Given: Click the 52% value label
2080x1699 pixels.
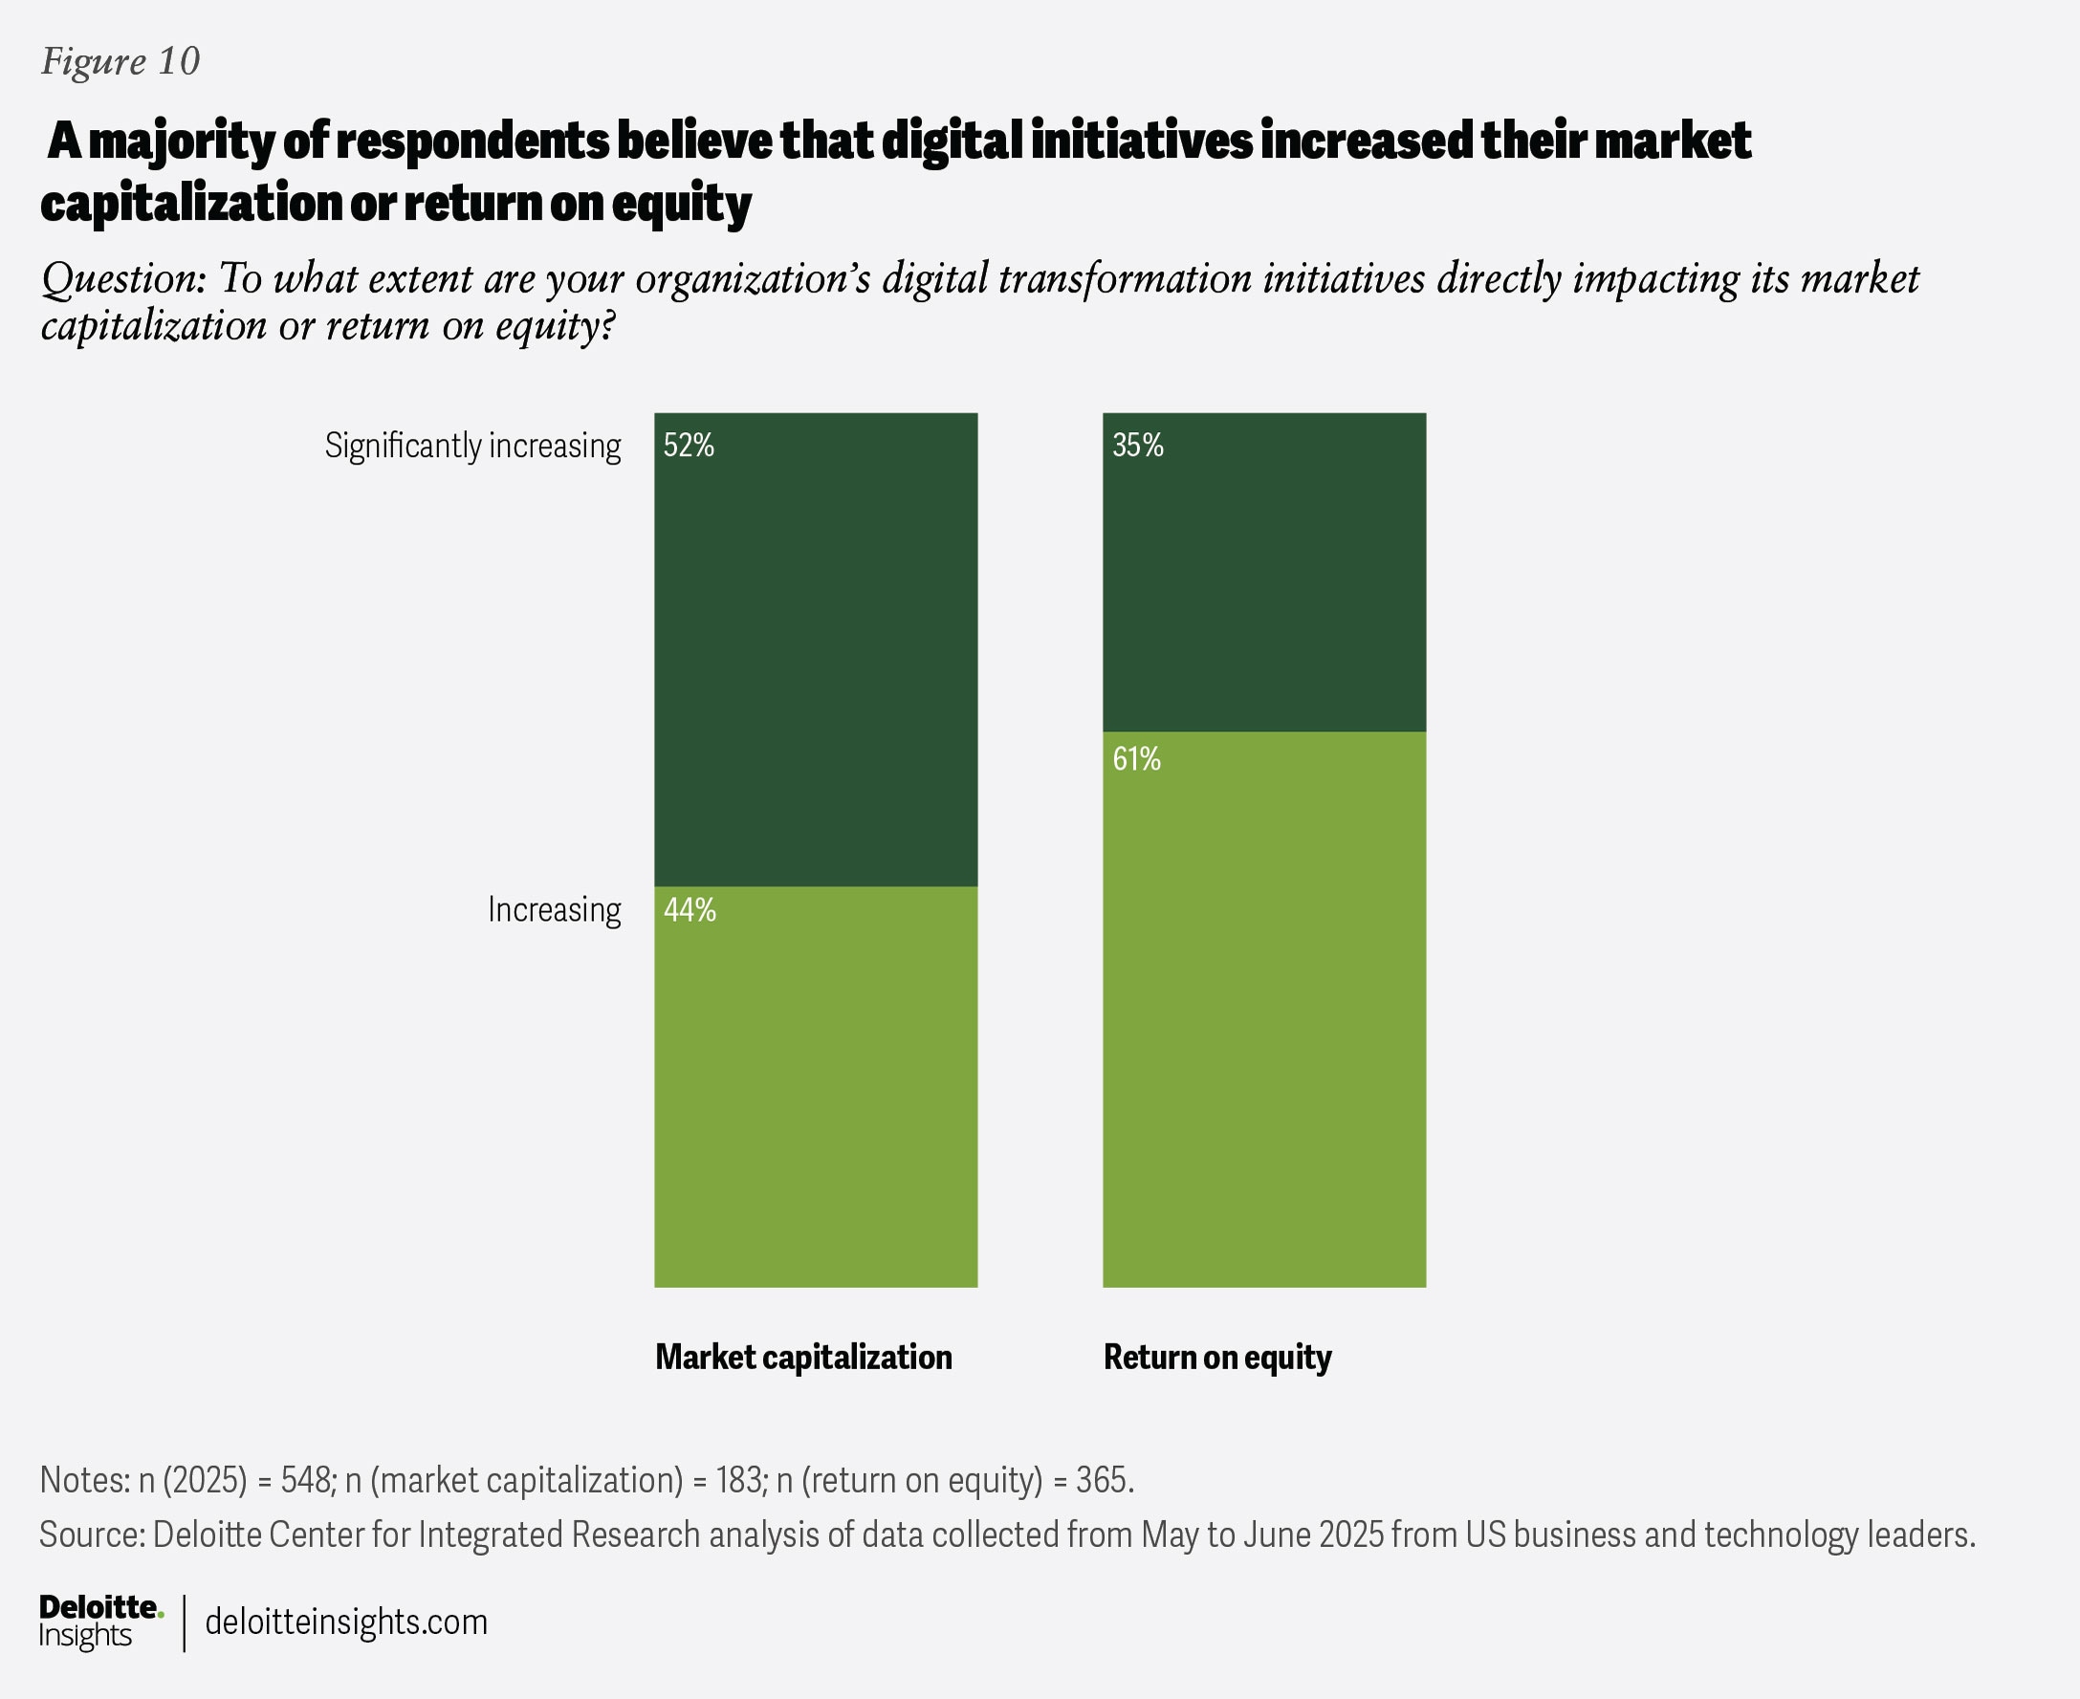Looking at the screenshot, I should pyautogui.click(x=690, y=447).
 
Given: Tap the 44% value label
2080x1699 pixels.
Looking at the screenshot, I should pyautogui.click(x=690, y=911).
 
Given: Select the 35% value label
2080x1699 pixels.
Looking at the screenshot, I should pyautogui.click(x=1137, y=447).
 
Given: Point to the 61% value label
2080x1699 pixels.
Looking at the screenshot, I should pyautogui.click(x=1136, y=759).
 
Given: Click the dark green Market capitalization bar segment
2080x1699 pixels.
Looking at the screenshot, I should pyautogui.click(x=816, y=665).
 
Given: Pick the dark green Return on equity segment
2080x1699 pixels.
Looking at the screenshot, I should pyautogui.click(x=1263, y=587).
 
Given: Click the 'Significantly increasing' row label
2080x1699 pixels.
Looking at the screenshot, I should pyautogui.click(x=472, y=447).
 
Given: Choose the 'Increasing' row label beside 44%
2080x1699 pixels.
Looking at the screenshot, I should pyautogui.click(x=554, y=910).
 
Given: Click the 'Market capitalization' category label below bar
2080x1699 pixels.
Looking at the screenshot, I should pyautogui.click(x=802, y=1358).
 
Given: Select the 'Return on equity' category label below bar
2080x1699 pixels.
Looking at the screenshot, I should pyautogui.click(x=1216, y=1358).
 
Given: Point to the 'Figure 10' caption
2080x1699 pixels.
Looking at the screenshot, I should pyautogui.click(x=120, y=61).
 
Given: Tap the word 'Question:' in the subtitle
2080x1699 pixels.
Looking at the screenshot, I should pyautogui.click(x=123, y=279).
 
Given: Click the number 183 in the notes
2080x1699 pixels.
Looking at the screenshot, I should pyautogui.click(x=739, y=1480).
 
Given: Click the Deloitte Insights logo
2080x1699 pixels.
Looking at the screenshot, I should pyautogui.click(x=99, y=1621).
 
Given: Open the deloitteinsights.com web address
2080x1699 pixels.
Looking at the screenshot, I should pyautogui.click(x=345, y=1622).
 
